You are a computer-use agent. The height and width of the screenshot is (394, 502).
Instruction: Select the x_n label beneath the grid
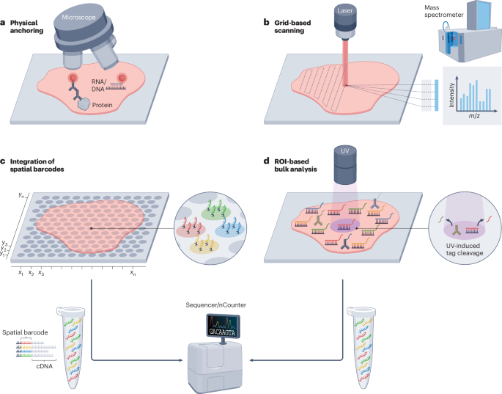point(133,272)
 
